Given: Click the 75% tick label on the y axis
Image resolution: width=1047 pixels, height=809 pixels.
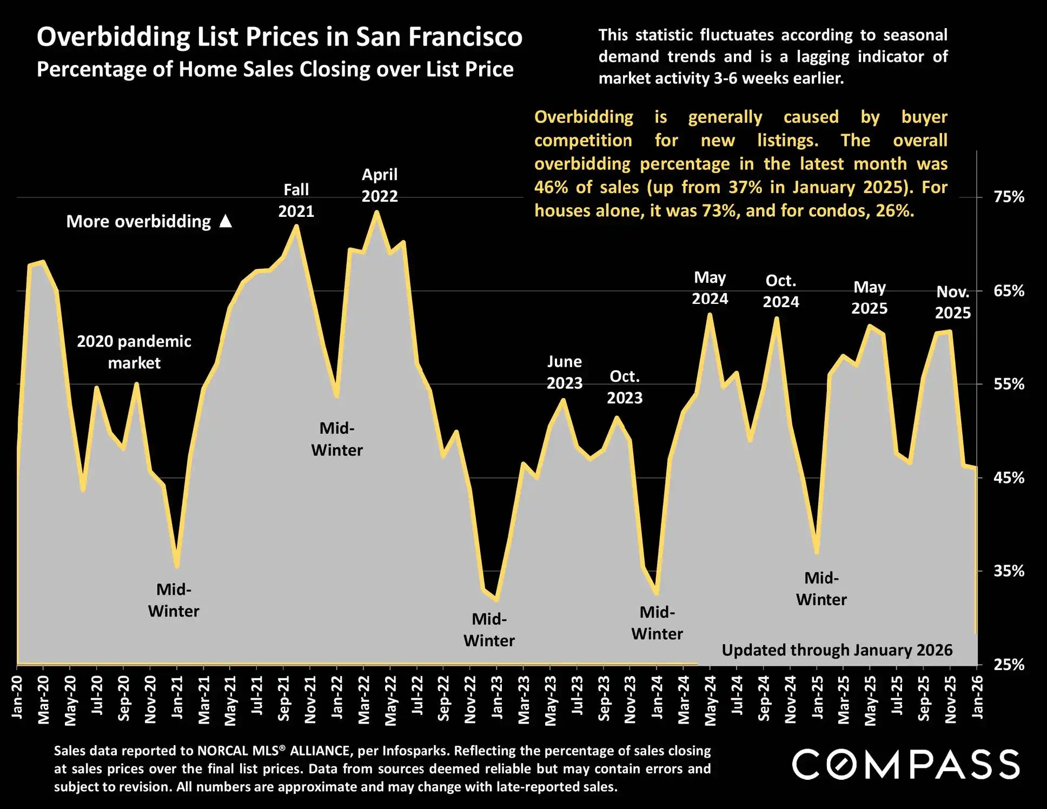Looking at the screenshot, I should [x=1009, y=197].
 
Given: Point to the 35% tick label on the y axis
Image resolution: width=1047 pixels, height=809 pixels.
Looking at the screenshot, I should [x=1009, y=571].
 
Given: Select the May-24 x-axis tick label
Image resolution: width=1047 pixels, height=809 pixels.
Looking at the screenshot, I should [x=710, y=701].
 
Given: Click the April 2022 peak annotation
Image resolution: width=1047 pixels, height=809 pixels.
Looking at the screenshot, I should [x=380, y=185].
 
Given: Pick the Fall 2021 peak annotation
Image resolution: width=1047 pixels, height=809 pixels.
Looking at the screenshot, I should [x=296, y=201].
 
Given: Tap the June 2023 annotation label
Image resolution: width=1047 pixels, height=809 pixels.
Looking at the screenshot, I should [x=565, y=372].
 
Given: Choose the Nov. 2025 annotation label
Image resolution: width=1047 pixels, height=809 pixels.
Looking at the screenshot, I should [x=953, y=302].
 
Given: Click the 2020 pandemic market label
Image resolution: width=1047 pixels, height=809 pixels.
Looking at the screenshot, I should [x=134, y=352].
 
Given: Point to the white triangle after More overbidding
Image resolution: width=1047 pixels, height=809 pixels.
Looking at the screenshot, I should [x=226, y=221].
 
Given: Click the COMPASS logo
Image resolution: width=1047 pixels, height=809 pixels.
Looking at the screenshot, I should [x=906, y=765].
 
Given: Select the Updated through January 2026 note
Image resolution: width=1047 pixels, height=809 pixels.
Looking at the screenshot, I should [x=837, y=650].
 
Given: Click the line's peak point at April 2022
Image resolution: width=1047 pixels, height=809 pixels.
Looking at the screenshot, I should [x=376, y=212].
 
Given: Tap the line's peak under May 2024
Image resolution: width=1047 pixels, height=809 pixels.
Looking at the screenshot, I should [x=710, y=315].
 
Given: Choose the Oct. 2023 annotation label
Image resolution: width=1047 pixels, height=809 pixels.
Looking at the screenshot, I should [x=625, y=387].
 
